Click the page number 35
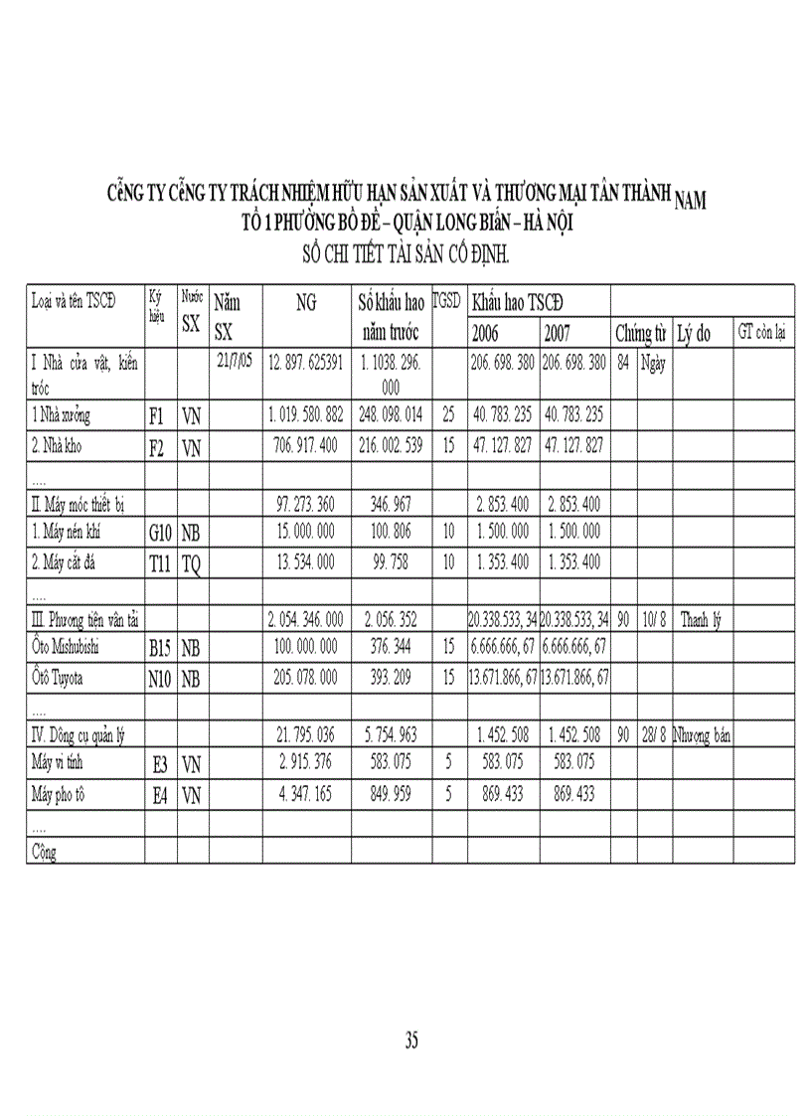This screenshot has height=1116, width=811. click(x=411, y=1040)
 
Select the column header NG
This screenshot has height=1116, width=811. click(x=306, y=304)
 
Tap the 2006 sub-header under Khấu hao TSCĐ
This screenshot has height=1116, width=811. click(x=486, y=332)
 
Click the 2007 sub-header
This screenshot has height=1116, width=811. click(x=558, y=332)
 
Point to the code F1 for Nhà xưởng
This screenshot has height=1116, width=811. click(x=157, y=416)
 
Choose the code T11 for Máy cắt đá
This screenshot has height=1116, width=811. click(x=160, y=562)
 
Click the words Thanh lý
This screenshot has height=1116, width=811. click(x=701, y=620)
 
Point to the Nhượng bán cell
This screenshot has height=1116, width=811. click(x=702, y=735)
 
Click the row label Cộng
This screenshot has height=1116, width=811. click(x=44, y=852)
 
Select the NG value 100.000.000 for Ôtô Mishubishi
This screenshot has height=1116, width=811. click(x=306, y=648)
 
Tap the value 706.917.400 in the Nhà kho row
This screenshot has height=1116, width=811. click(x=306, y=445)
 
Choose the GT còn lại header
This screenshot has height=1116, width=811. click(x=764, y=332)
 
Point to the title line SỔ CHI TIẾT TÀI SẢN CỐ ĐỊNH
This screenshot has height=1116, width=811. click(x=405, y=255)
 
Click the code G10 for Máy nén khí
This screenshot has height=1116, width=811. click(x=160, y=533)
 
